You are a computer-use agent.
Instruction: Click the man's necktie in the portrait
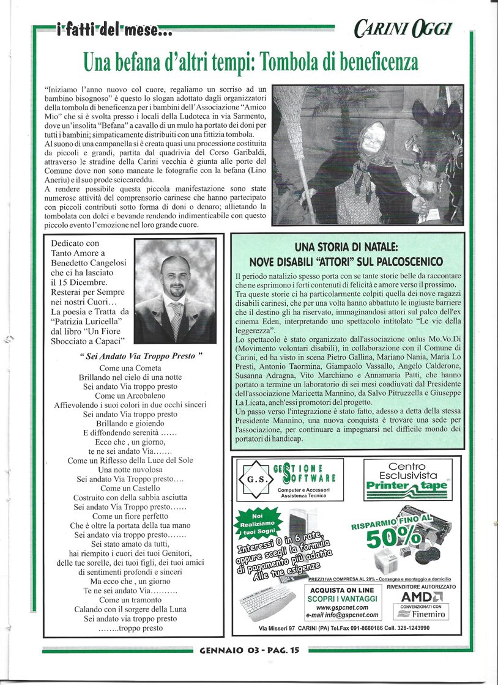pyautogui.click(x=176, y=317)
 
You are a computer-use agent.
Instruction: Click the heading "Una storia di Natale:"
pyautogui.click(x=346, y=248)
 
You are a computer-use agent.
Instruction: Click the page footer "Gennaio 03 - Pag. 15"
pyautogui.click(x=250, y=651)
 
